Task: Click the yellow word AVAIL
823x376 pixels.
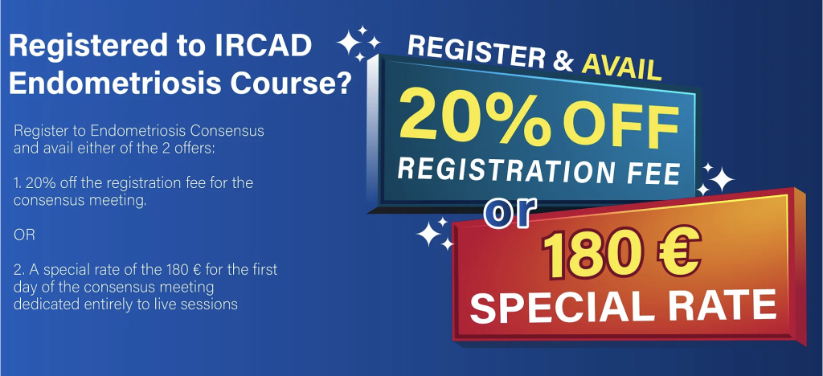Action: [620, 67]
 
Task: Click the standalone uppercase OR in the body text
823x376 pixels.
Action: [24, 235]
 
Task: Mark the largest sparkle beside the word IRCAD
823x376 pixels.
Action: [347, 43]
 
